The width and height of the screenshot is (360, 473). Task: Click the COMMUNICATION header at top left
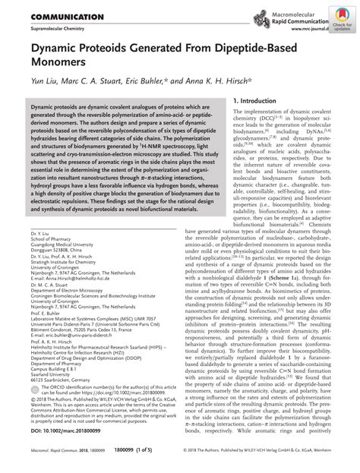pos(46,16)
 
